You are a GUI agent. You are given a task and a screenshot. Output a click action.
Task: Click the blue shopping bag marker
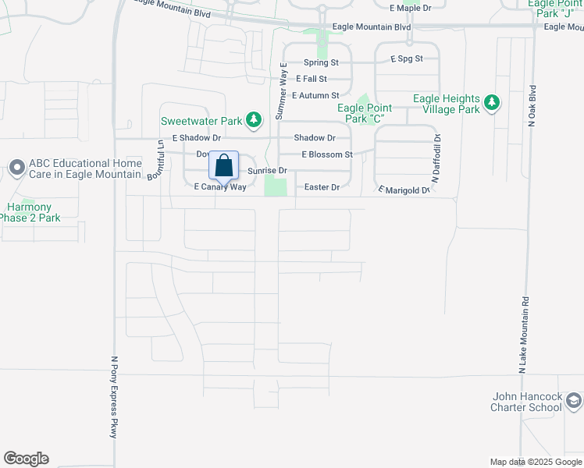[223, 166]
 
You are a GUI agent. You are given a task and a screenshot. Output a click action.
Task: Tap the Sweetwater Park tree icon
[253, 120]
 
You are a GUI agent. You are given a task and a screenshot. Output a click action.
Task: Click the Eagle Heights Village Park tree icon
[491, 103]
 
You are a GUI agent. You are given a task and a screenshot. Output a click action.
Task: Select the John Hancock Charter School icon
[574, 401]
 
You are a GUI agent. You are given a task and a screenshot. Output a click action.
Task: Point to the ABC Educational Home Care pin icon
[16, 168]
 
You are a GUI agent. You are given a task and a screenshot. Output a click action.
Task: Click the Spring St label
[321, 62]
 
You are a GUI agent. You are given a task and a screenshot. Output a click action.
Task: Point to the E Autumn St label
[315, 95]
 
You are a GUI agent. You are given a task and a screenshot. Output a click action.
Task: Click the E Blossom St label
[327, 154]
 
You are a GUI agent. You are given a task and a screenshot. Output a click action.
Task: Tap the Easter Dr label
[322, 187]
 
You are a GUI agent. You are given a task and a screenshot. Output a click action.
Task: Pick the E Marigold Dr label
[404, 190]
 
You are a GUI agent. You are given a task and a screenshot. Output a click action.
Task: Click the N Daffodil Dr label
[437, 158]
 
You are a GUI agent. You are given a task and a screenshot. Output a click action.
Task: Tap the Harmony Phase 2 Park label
[29, 212]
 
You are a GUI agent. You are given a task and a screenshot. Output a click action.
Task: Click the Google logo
[26, 459]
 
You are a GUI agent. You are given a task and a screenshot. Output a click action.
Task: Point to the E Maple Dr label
[410, 8]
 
